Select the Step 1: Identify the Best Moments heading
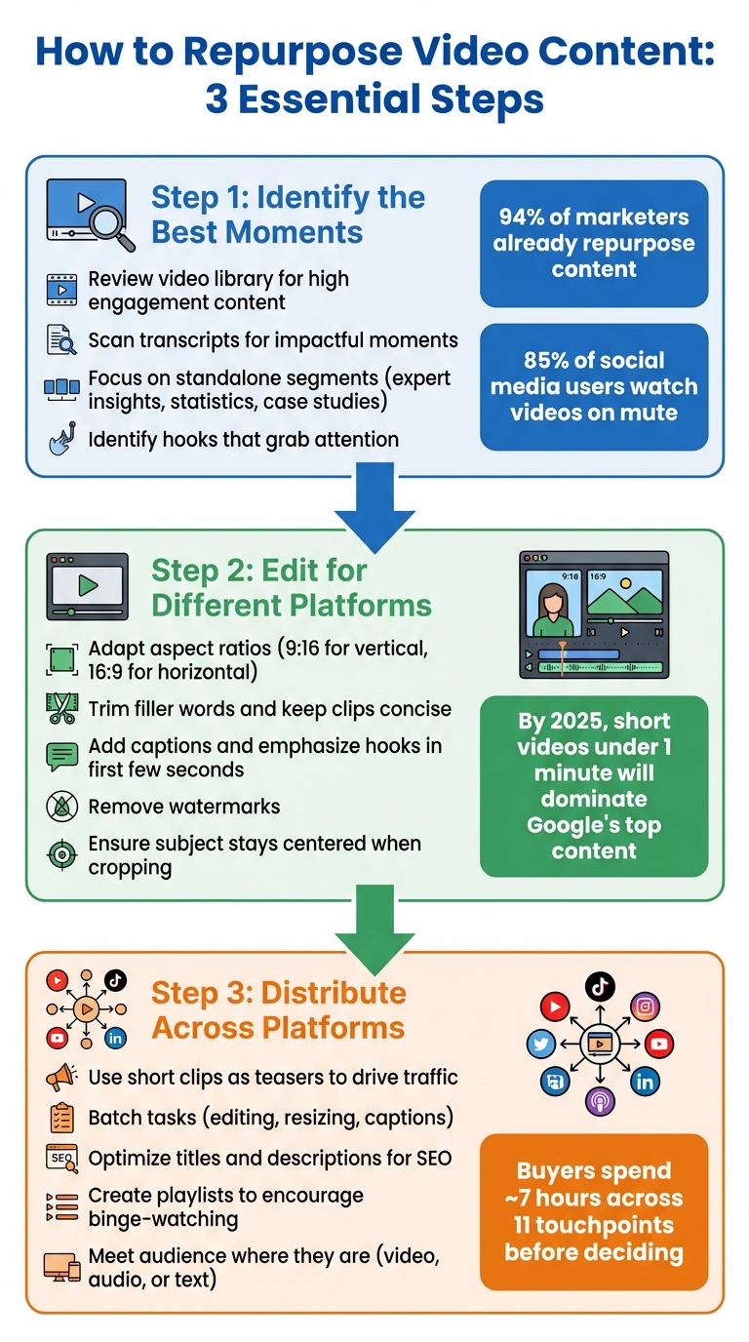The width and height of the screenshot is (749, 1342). (288, 215)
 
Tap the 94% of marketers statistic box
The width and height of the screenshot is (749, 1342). (594, 243)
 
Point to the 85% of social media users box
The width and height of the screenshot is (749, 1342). (594, 386)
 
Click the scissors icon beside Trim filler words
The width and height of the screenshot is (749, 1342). (61, 709)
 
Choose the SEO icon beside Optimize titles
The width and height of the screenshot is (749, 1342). (61, 1159)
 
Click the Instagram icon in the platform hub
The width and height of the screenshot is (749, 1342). (645, 1006)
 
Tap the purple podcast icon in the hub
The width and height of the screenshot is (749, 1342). (600, 1102)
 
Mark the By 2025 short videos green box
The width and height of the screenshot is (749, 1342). (594, 785)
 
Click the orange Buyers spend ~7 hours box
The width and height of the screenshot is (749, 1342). (594, 1211)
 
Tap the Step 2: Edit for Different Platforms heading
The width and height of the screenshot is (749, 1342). (291, 586)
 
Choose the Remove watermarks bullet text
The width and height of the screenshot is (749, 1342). (184, 807)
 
